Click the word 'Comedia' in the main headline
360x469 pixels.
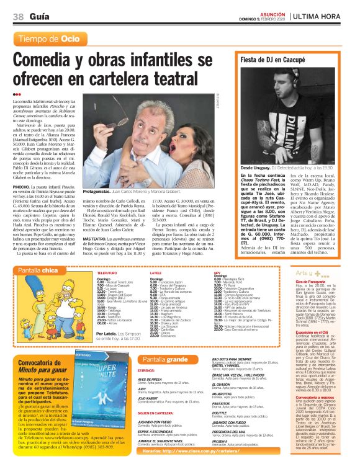(x=52, y=61)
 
